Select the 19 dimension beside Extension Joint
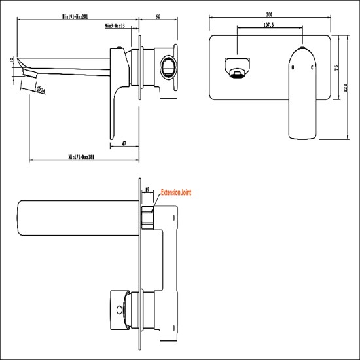coord(147,189)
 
